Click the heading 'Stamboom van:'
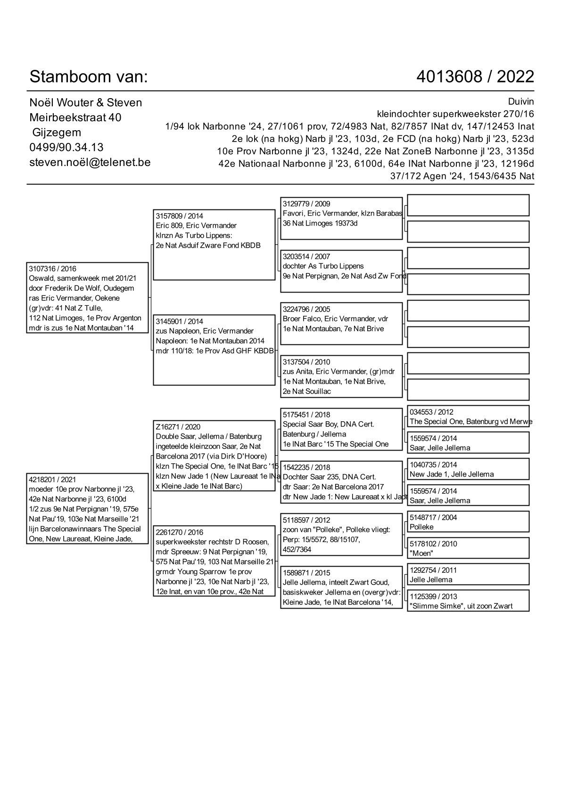[89, 76]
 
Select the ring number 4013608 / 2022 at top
[475, 76]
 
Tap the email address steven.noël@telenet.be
[90, 162]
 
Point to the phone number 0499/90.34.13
[66, 147]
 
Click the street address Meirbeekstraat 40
[75, 117]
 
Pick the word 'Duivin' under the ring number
[521, 102]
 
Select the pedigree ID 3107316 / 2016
[52, 269]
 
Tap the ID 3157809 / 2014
[179, 216]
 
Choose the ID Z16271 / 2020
[178, 427]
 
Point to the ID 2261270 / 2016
[179, 532]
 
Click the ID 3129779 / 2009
[306, 204]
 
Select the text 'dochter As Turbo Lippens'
[323, 266]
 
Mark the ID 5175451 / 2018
[306, 415]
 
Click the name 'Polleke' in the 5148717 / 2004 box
[421, 527]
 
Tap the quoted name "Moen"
[421, 553]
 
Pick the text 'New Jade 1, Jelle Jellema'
[452, 474]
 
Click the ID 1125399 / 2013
[433, 596]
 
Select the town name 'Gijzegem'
[57, 133]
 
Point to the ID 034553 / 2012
[431, 412]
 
